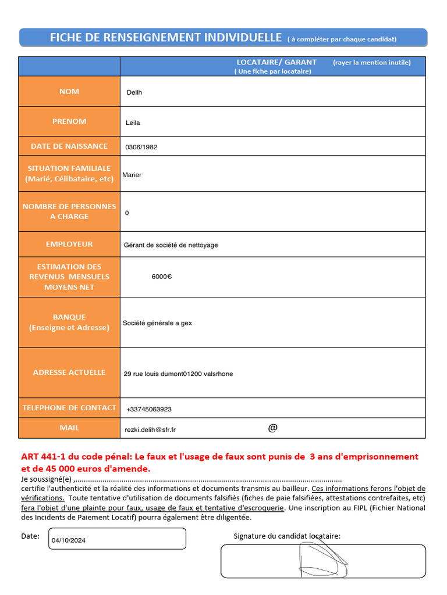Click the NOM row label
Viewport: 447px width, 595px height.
click(x=69, y=91)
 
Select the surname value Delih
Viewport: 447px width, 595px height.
click(x=134, y=92)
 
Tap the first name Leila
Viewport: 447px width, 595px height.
click(x=133, y=123)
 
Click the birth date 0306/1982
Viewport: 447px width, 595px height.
click(x=141, y=147)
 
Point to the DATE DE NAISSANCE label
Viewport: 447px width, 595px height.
click(x=69, y=146)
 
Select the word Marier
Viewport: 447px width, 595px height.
click(x=132, y=175)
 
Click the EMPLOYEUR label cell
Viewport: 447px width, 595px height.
click(x=69, y=244)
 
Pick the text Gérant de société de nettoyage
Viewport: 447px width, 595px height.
click(x=171, y=245)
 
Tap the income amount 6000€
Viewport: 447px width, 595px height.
click(x=162, y=277)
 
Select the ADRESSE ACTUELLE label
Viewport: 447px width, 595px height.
click(x=69, y=372)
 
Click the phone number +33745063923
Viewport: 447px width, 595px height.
click(x=149, y=409)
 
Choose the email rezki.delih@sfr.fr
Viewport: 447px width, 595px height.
click(x=150, y=429)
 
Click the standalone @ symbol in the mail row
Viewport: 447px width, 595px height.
click(x=273, y=428)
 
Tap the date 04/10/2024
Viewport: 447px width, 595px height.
click(x=69, y=540)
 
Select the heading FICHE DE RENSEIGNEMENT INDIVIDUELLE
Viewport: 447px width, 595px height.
click(x=166, y=38)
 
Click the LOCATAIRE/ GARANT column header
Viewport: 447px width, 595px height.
click(x=276, y=62)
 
